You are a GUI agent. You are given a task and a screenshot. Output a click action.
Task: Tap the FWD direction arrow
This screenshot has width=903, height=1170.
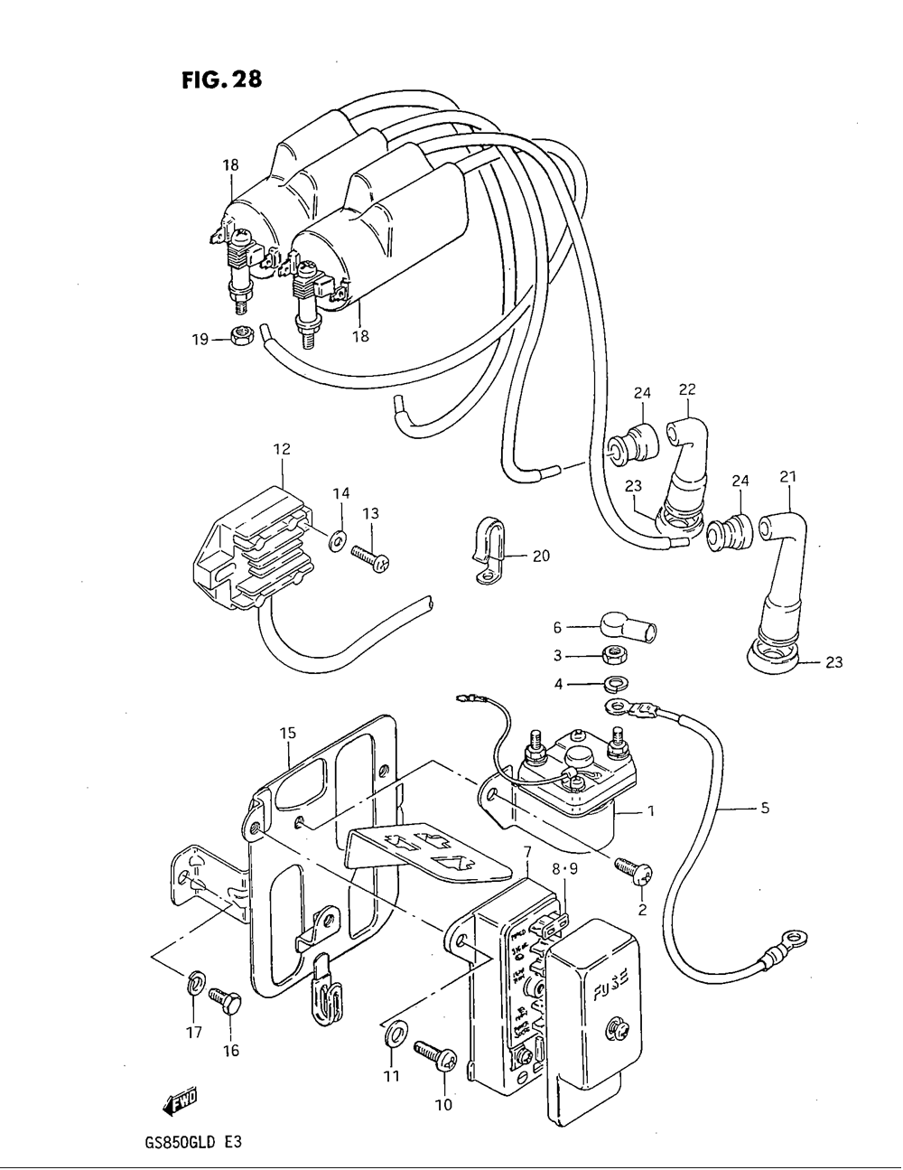[x=181, y=1099]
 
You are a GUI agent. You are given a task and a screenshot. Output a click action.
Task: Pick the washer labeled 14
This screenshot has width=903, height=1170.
[x=338, y=540]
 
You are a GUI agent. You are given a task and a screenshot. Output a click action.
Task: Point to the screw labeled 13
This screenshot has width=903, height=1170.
[x=370, y=559]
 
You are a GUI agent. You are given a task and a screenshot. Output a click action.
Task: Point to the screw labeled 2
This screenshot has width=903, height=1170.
[x=633, y=872]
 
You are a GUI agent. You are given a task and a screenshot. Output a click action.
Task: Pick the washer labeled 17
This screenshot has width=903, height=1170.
[x=195, y=983]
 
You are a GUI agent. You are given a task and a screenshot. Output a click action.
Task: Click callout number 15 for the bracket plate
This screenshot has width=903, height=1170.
[x=287, y=734]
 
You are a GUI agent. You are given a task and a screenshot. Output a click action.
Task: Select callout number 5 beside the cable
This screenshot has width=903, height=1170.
[x=764, y=809]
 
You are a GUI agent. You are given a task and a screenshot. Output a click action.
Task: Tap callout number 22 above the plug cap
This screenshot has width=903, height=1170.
[x=687, y=389]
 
